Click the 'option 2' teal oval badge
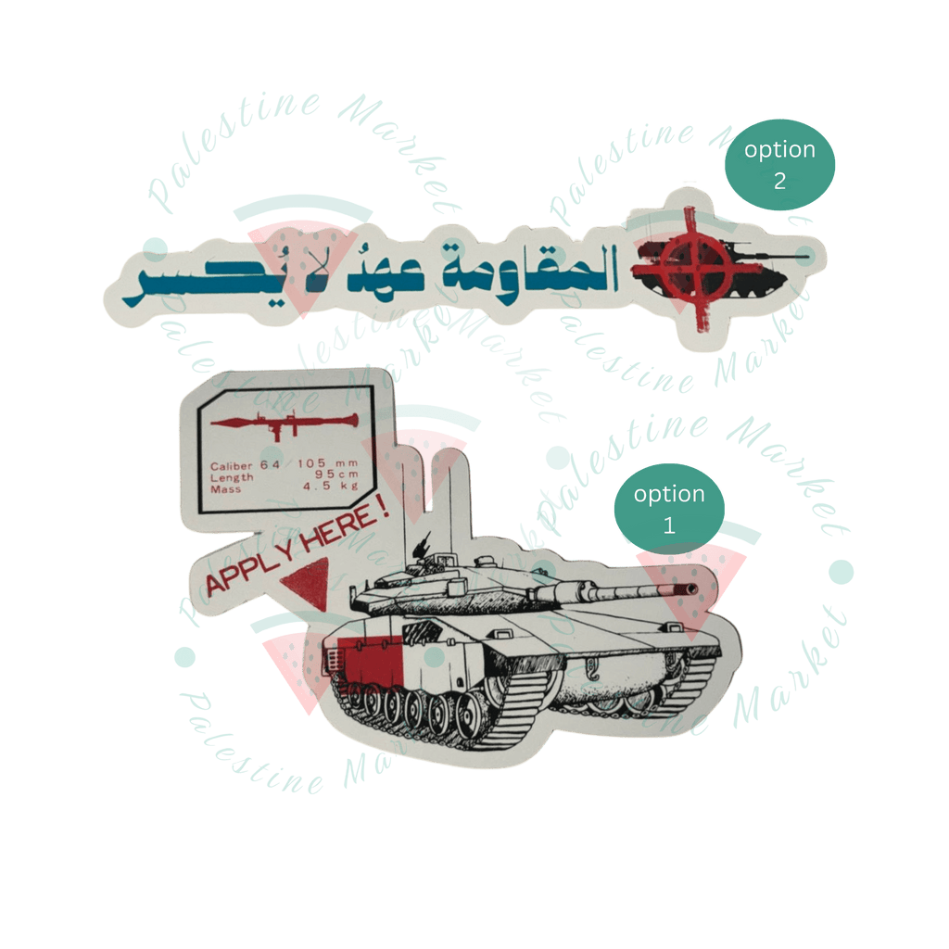[779, 165]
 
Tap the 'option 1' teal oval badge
[669, 508]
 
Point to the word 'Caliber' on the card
[231, 466]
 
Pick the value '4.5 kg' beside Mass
[337, 489]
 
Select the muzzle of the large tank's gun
[690, 588]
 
